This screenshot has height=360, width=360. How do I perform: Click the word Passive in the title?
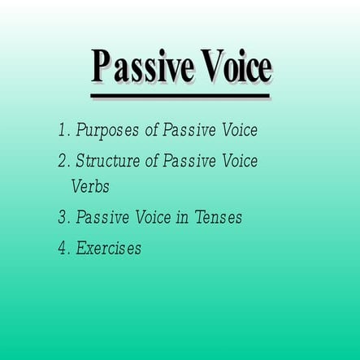coord(140,67)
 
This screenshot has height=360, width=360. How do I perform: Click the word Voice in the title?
coord(232,67)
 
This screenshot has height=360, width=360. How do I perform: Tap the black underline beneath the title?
coord(180,97)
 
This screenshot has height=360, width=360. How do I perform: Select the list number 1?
coord(62,130)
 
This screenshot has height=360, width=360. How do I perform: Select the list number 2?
coord(63,161)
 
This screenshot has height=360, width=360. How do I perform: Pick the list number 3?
coord(63,218)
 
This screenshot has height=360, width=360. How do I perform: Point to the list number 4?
coord(63,249)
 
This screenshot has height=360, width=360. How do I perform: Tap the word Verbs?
coord(89,186)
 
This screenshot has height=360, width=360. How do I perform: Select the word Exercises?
coord(108,249)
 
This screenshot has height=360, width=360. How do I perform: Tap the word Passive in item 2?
coord(189,161)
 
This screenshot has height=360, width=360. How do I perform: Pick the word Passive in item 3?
coord(103,218)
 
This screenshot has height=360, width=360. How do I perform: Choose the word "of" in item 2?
coord(152,161)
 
